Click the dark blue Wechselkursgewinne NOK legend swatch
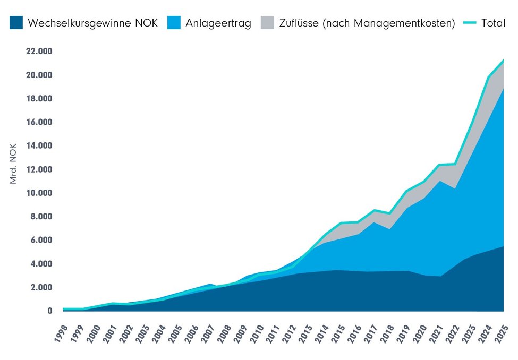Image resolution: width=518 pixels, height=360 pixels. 16,23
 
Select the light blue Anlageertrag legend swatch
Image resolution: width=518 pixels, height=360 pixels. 174,23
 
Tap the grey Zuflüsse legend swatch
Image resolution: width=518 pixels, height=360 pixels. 268,23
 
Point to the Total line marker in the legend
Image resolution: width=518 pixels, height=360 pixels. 470,23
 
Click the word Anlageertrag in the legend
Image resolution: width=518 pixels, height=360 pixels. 218,23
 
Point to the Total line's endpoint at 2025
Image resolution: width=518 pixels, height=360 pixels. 503,60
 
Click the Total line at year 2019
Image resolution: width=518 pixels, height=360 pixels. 406,191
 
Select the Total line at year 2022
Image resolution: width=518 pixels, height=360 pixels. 455,164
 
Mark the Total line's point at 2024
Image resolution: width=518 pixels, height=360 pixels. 488,78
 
